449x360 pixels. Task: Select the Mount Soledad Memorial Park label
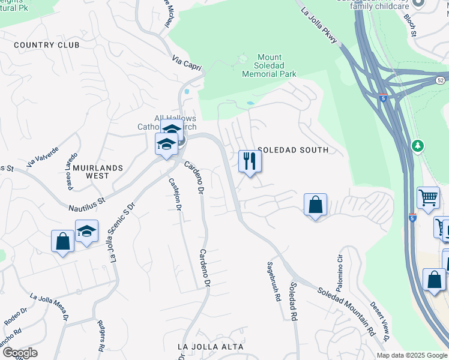point(269,65)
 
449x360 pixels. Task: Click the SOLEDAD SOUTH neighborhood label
point(293,150)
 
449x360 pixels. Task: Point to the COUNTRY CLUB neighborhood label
point(46,45)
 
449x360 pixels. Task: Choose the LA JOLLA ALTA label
point(211,347)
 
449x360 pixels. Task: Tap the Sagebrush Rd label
point(273,280)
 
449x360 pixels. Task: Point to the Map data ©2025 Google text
point(411,355)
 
